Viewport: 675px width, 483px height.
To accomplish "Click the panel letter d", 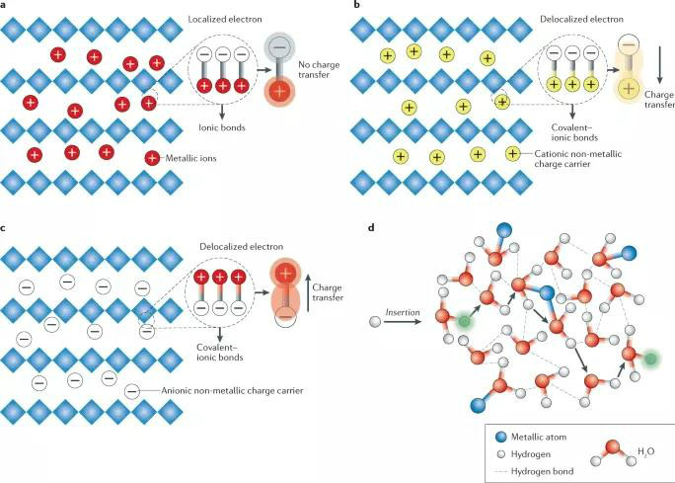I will [x=370, y=229].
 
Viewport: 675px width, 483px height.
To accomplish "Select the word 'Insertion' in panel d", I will [x=402, y=311].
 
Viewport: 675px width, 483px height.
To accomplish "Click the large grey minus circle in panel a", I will [x=279, y=45].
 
